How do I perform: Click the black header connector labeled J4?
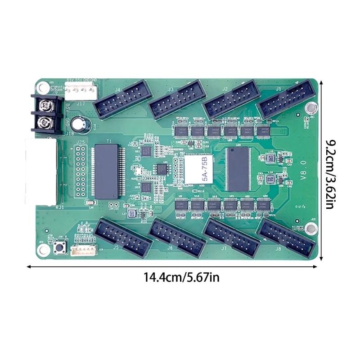118,101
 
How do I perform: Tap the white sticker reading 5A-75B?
198,169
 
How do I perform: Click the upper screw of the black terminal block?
45,106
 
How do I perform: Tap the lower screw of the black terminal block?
45,121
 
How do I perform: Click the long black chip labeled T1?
108,171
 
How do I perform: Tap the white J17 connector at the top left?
81,93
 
